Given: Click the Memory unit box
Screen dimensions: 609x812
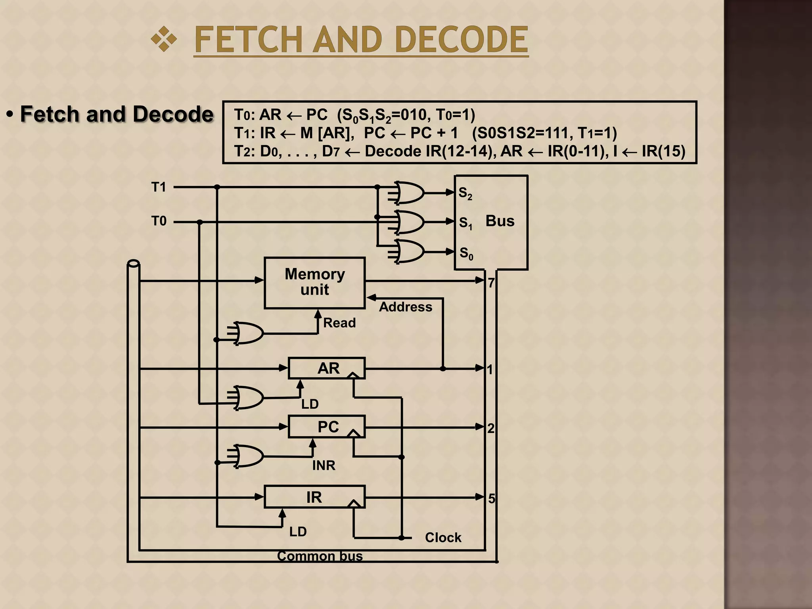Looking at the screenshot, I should click(x=314, y=283).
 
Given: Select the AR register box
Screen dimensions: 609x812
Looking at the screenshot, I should click(x=326, y=368).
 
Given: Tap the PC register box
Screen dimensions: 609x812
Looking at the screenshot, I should click(x=326, y=427).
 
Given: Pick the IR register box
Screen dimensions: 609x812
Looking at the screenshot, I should click(x=314, y=497).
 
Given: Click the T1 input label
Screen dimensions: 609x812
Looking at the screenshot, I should click(x=159, y=187).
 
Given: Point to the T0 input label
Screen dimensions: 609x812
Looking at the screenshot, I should click(x=159, y=221).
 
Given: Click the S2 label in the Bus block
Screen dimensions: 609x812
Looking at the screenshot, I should click(x=465, y=193).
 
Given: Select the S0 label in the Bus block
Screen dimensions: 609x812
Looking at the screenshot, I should click(x=466, y=253).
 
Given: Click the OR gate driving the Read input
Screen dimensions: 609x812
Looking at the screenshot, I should click(x=248, y=333).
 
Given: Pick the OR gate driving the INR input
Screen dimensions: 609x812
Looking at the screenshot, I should click(x=248, y=456).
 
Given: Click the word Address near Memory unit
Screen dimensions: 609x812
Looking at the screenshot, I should click(x=405, y=307).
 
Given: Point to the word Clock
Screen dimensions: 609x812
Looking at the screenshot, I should click(x=443, y=538).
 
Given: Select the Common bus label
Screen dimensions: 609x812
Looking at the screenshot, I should click(x=320, y=556).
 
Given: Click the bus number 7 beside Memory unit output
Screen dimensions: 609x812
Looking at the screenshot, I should click(x=491, y=283).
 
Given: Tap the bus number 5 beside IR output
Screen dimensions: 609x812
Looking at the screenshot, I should click(x=492, y=498).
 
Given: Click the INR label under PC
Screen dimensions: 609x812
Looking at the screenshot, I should click(x=324, y=465).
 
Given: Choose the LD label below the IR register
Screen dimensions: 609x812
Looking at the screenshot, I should click(x=298, y=532).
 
